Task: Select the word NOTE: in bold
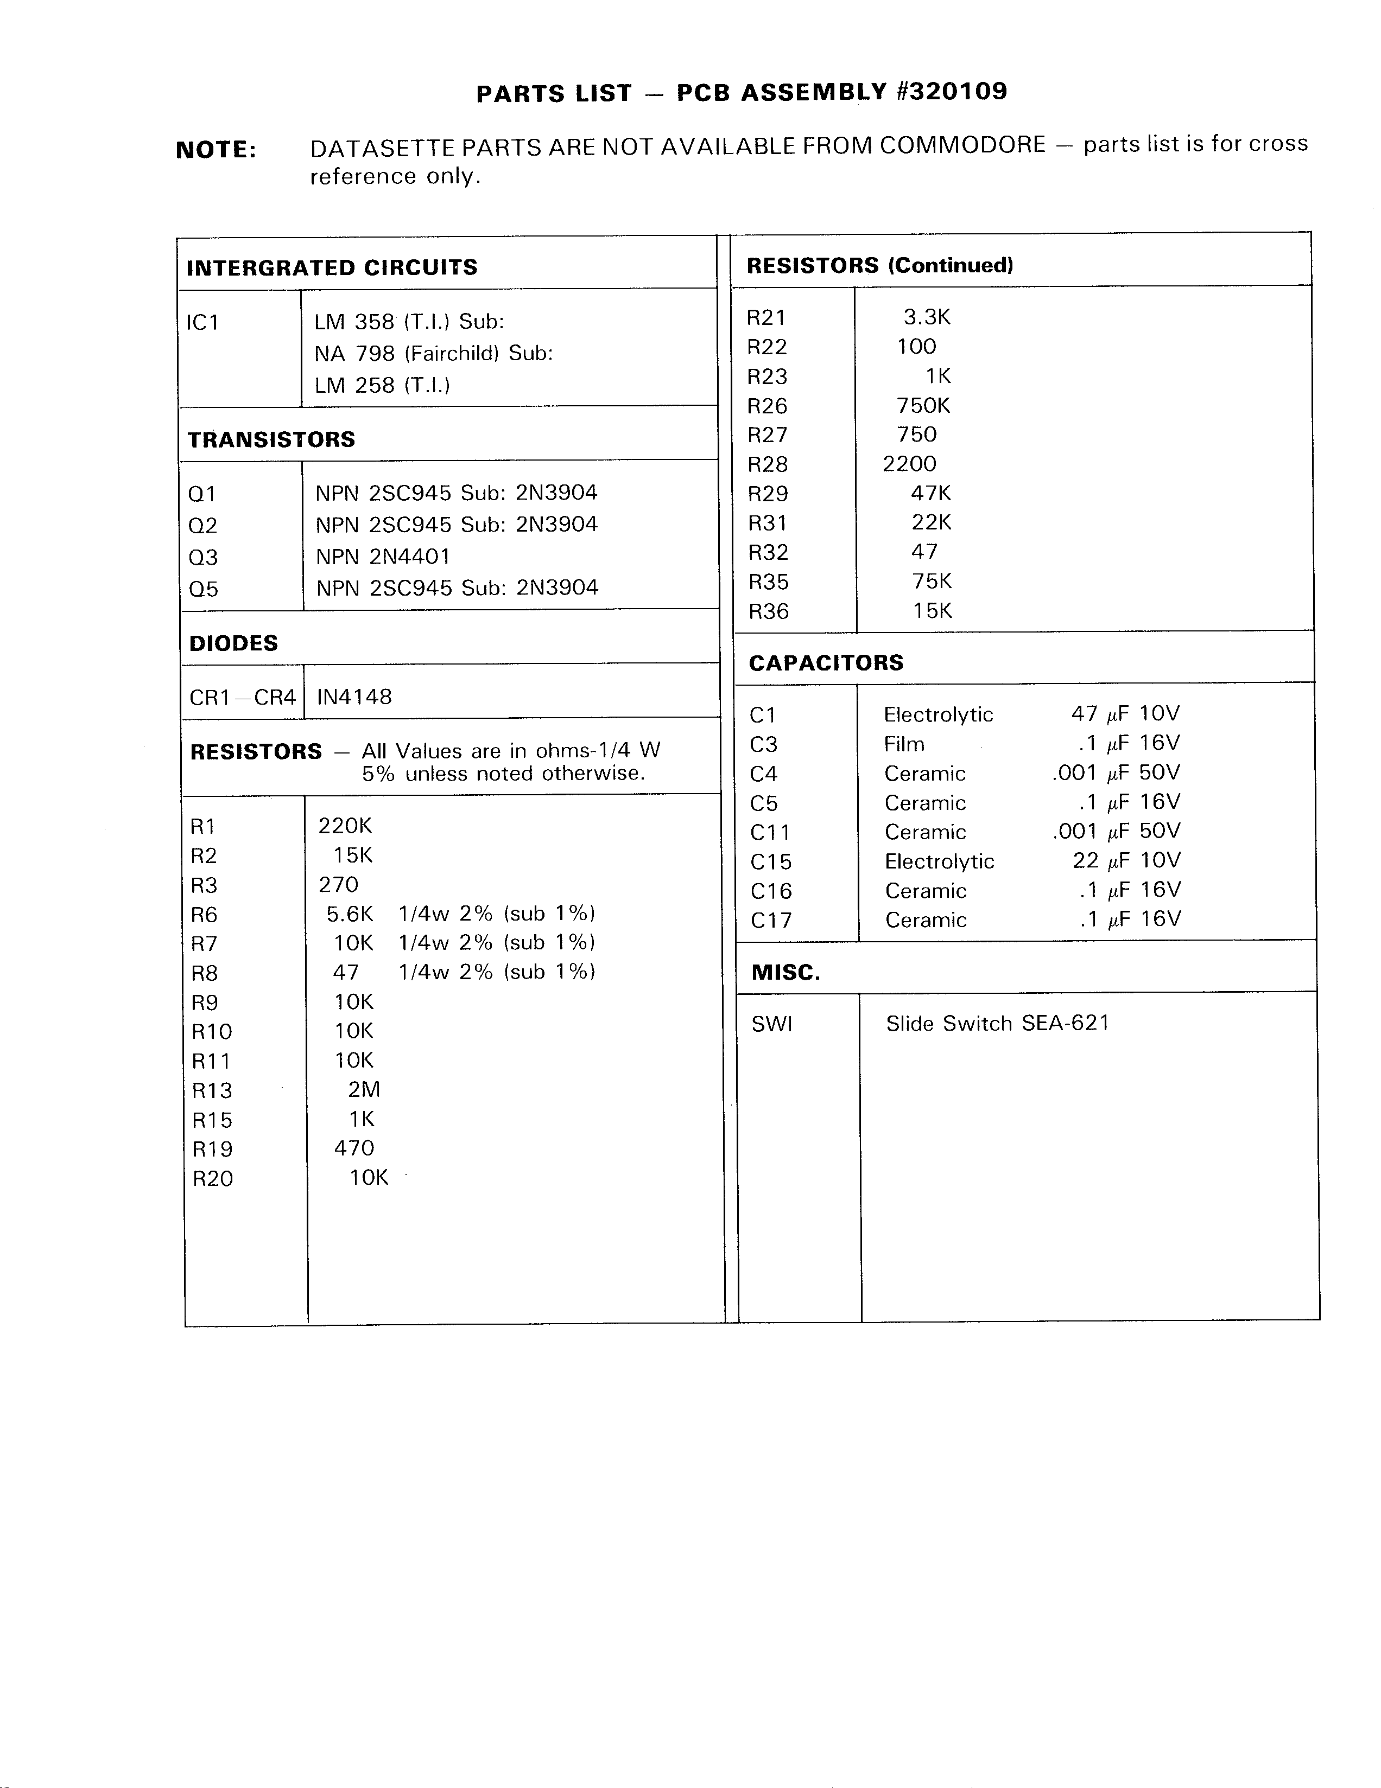(x=216, y=150)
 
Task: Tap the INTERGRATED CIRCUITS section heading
(x=332, y=267)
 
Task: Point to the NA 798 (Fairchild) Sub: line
(x=433, y=354)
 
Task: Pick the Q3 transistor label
(x=203, y=558)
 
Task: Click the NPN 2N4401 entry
(x=383, y=557)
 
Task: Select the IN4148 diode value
(x=354, y=697)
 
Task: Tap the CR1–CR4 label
(x=242, y=698)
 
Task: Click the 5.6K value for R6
(x=350, y=914)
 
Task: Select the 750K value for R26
(x=923, y=405)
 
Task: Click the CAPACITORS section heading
(x=826, y=662)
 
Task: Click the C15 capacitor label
(x=771, y=862)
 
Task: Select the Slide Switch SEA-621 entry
(x=997, y=1023)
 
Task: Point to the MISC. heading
(x=785, y=973)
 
